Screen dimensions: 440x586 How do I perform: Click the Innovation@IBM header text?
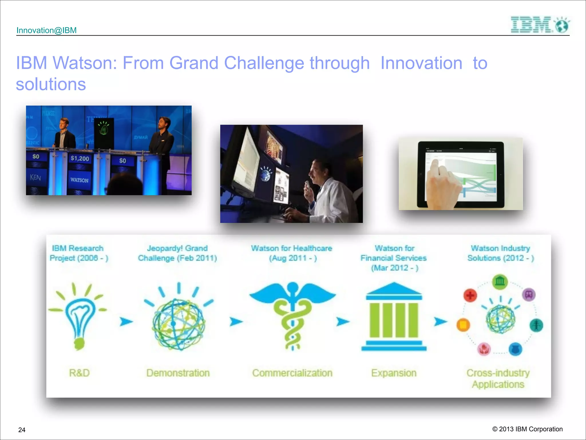[46, 30]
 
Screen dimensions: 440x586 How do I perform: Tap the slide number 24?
[22, 430]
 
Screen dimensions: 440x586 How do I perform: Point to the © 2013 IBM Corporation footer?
[527, 429]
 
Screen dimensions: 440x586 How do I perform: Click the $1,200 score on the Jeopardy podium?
[80, 158]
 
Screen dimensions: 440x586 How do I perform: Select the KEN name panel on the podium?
[35, 178]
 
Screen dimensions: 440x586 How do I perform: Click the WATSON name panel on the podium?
[79, 180]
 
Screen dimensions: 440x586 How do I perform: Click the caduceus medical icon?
[292, 315]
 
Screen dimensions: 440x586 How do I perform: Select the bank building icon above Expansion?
[394, 317]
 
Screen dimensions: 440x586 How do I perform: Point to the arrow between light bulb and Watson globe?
[126, 321]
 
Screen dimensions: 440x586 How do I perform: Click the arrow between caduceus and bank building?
[343, 321]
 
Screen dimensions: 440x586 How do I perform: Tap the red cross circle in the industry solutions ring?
[470, 295]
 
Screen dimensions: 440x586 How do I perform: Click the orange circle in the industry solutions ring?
[463, 325]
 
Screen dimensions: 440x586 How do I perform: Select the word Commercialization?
[292, 373]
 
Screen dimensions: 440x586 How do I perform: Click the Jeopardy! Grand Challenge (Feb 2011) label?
[177, 253]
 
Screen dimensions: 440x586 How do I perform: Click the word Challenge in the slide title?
[264, 63]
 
